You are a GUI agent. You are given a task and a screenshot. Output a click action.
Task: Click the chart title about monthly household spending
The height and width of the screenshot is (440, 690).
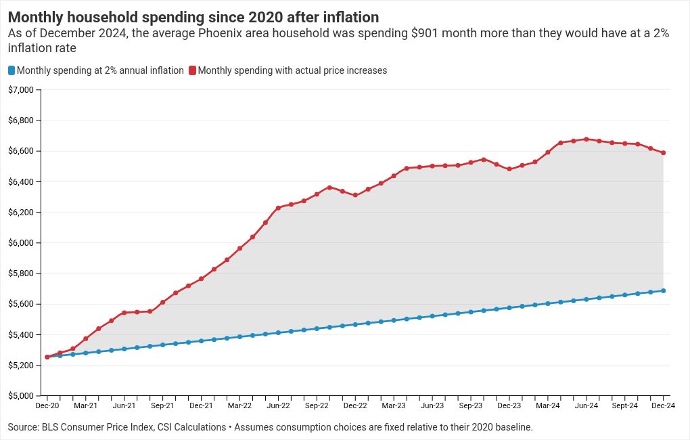tap(193, 17)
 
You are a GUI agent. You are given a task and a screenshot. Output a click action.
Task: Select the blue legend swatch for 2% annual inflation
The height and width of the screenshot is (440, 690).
tap(11, 70)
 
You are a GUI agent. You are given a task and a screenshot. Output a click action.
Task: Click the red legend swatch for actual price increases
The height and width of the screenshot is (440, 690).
tap(193, 70)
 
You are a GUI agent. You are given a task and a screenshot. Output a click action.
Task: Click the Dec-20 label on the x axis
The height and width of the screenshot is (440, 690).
tap(47, 406)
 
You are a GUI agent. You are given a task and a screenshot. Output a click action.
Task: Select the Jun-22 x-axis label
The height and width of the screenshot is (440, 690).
tap(278, 406)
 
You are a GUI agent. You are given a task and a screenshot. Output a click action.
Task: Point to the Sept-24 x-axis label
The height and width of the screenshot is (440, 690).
tap(624, 406)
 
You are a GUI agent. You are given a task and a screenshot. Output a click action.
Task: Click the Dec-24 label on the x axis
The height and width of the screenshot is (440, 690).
tap(663, 406)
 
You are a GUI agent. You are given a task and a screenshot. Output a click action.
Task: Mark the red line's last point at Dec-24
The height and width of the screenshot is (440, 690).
tap(663, 153)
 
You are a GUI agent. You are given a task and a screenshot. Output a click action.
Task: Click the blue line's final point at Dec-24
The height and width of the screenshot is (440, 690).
tap(663, 291)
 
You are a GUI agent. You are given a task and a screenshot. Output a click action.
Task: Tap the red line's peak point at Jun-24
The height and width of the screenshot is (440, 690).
tap(586, 139)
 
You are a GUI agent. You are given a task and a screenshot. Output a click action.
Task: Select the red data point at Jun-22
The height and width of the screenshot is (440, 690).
tap(278, 208)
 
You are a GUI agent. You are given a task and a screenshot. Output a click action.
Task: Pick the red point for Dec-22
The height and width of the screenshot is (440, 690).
tap(355, 195)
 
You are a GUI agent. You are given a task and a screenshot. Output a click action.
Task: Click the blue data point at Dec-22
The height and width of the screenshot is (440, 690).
tap(355, 324)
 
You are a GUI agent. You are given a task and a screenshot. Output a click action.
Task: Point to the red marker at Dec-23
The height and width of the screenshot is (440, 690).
tap(509, 169)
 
